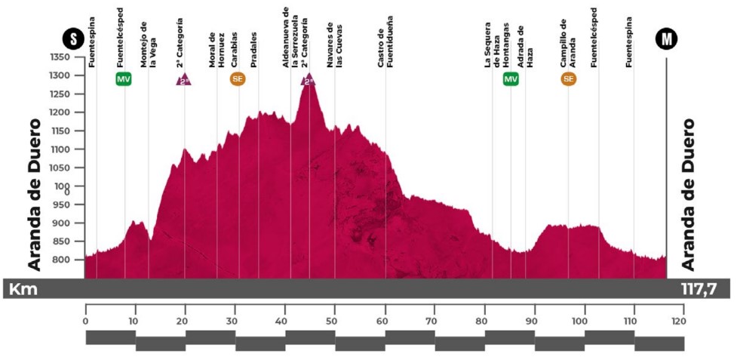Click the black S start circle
pyautogui.click(x=73, y=38)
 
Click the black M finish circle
pyautogui.click(x=667, y=38)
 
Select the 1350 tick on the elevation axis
pyautogui.click(x=60, y=57)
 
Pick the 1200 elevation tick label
pyautogui.click(x=60, y=112)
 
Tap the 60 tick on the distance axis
pyautogui.click(x=385, y=319)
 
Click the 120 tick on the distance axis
pyautogui.click(x=683, y=319)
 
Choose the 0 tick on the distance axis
pyautogui.click(x=86, y=319)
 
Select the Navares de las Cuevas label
pyautogui.click(x=335, y=48)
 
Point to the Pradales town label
pyautogui.click(x=254, y=49)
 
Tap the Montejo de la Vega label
pyautogui.click(x=149, y=48)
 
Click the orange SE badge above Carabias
pyautogui.click(x=238, y=79)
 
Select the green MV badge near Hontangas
pyautogui.click(x=511, y=79)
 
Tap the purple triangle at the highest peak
pyautogui.click(x=308, y=80)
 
